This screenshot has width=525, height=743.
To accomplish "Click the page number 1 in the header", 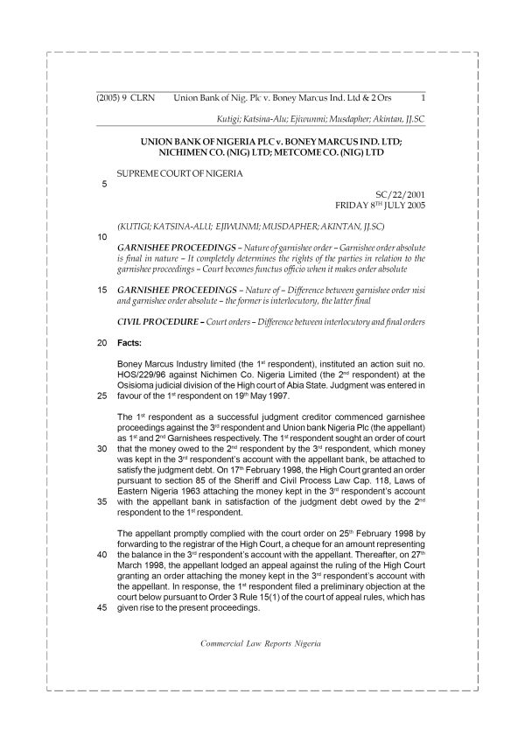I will (x=423, y=98).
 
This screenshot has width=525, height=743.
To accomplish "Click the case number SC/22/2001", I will (x=398, y=194).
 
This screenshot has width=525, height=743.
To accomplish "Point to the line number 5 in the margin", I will (x=105, y=184).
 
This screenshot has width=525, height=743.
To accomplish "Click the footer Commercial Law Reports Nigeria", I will (x=262, y=642).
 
